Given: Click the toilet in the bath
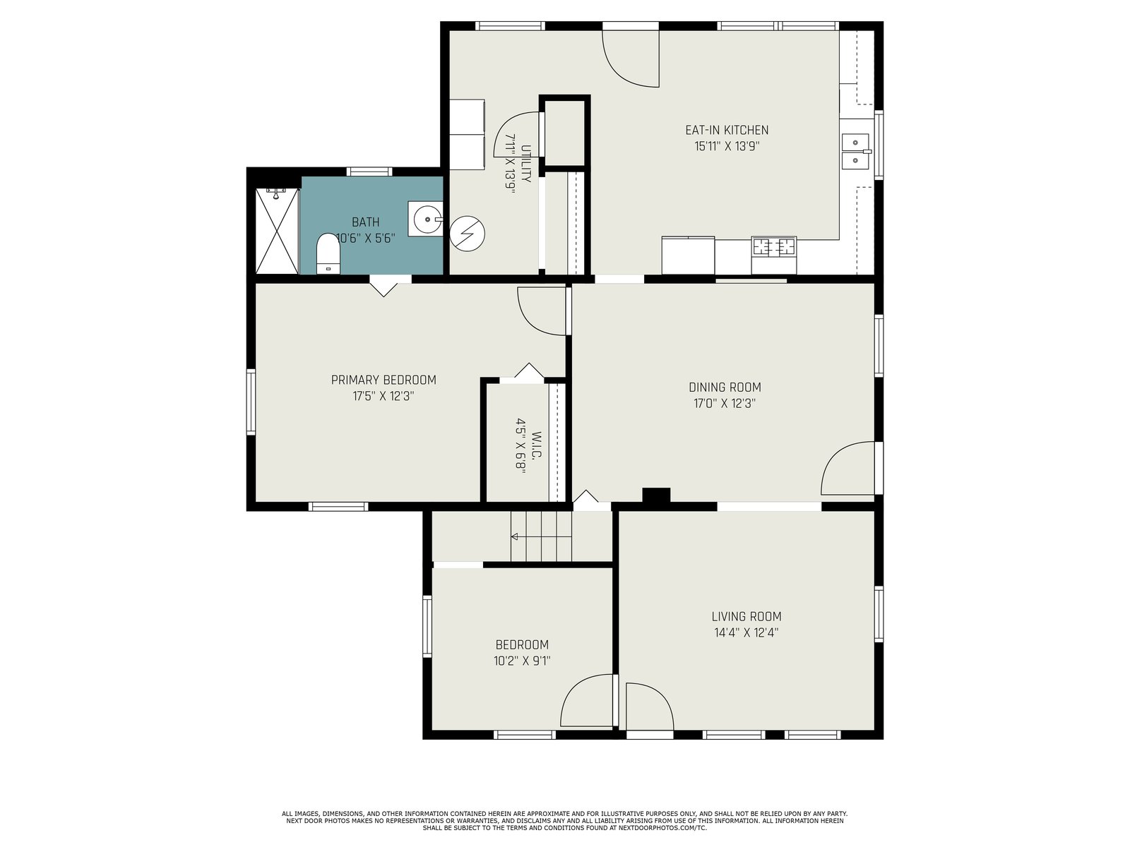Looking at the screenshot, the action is tap(328, 253).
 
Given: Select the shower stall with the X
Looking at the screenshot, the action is tap(277, 231).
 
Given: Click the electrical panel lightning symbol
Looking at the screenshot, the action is tap(467, 234).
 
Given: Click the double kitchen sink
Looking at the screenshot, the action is tap(855, 152).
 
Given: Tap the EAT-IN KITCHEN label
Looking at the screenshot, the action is tap(727, 130).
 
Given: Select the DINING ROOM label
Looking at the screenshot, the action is tap(725, 388).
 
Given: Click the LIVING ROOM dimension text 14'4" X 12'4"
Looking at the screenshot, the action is tap(746, 632).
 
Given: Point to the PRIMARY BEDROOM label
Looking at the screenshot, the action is tap(383, 380).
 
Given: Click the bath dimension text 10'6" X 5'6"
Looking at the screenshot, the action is tap(366, 239).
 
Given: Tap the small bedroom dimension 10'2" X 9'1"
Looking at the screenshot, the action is tap(522, 661).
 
